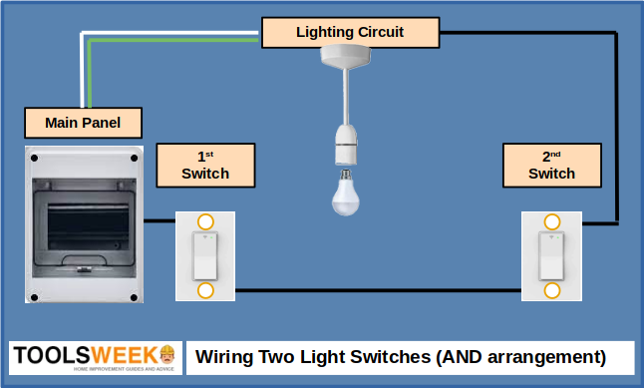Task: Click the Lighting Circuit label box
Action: [350, 33]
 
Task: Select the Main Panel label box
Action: [83, 124]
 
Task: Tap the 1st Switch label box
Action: [205, 165]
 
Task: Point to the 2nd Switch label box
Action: [551, 165]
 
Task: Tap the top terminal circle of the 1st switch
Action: [205, 221]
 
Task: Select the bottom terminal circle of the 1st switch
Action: [205, 290]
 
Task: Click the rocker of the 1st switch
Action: [205, 256]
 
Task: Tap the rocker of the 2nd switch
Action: [551, 256]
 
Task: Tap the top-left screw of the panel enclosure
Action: [34, 158]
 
